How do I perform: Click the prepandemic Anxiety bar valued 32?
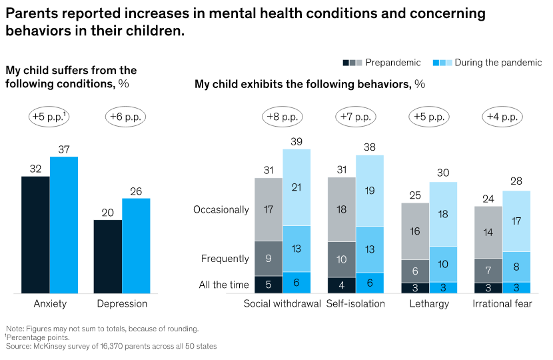(x=35, y=234)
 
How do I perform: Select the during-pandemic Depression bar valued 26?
(x=136, y=245)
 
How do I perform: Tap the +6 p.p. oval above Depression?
(x=125, y=116)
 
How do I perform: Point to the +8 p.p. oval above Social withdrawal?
(x=282, y=116)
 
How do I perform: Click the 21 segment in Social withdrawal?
(x=296, y=187)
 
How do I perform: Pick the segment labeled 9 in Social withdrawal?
(x=269, y=258)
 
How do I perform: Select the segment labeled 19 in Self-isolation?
(x=370, y=191)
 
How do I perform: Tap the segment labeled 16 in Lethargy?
(x=415, y=231)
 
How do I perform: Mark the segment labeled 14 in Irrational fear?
(x=488, y=232)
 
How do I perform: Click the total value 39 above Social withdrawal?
(x=296, y=141)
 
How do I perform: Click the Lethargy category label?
(x=429, y=304)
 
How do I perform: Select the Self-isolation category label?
(x=356, y=304)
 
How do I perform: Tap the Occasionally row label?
(x=221, y=209)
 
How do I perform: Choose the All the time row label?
(x=224, y=285)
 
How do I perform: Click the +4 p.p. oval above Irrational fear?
(x=502, y=116)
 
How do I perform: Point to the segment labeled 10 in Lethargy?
(x=443, y=264)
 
